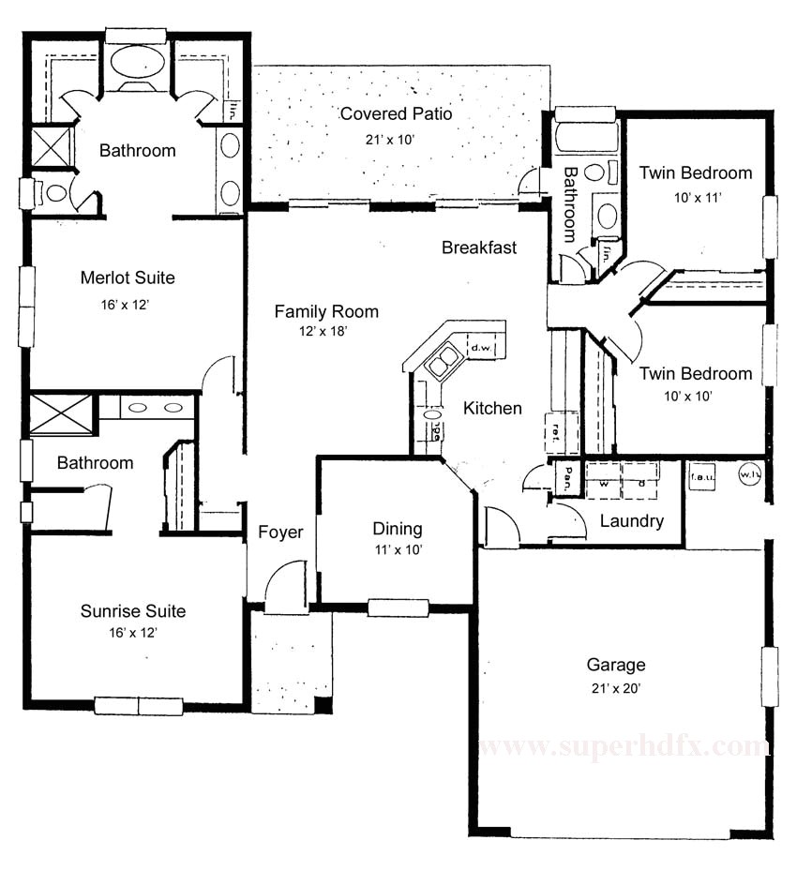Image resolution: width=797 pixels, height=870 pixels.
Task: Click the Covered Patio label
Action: click(396, 114)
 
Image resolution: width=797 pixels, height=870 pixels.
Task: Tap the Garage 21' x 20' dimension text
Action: click(615, 687)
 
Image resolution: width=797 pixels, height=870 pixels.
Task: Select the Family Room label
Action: click(326, 311)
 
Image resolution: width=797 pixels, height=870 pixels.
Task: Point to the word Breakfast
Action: click(479, 247)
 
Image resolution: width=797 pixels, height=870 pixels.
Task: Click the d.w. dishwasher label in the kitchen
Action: click(481, 348)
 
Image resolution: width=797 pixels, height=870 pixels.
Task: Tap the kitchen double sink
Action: click(443, 360)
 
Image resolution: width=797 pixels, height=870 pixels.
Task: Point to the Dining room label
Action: click(397, 529)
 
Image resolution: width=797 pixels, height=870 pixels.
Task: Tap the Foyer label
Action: click(280, 532)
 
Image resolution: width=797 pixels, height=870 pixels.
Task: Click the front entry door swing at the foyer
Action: click(285, 591)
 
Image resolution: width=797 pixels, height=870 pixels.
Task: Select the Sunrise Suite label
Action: click(132, 611)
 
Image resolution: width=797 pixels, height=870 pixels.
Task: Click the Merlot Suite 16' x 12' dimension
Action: click(128, 305)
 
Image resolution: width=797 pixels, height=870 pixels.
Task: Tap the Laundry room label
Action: click(631, 521)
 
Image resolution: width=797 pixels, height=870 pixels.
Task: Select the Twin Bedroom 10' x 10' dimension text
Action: click(695, 397)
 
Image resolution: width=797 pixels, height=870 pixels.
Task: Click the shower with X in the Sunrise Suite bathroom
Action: click(61, 414)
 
